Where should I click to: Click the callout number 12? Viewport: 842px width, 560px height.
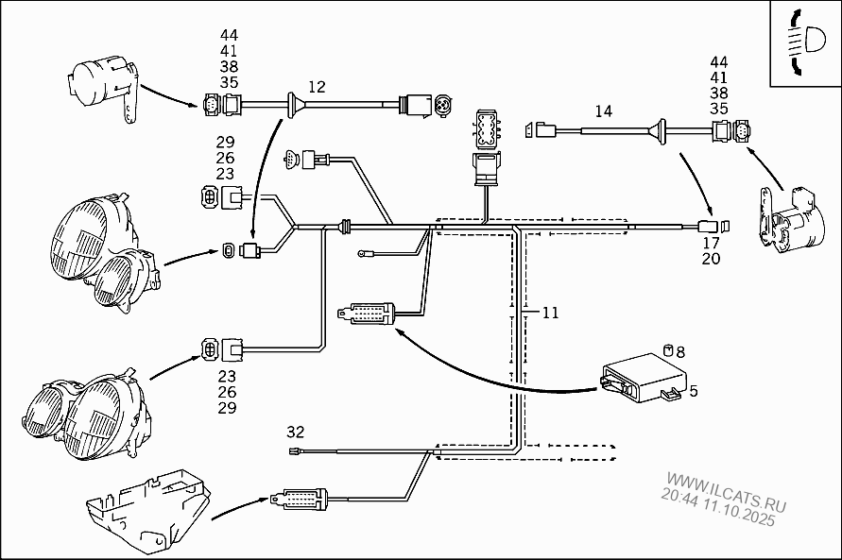pyautogui.click(x=317, y=87)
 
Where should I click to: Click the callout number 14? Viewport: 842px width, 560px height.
pyautogui.click(x=603, y=111)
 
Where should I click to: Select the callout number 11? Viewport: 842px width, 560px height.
pyautogui.click(x=550, y=313)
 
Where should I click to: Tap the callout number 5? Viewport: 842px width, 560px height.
pyautogui.click(x=693, y=389)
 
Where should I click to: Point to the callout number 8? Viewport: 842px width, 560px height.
pyautogui.click(x=679, y=352)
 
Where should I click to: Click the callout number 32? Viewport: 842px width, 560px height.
pyautogui.click(x=296, y=432)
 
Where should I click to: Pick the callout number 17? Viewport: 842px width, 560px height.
pyautogui.click(x=711, y=243)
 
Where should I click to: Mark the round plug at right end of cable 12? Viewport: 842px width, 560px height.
pyautogui.click(x=439, y=103)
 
